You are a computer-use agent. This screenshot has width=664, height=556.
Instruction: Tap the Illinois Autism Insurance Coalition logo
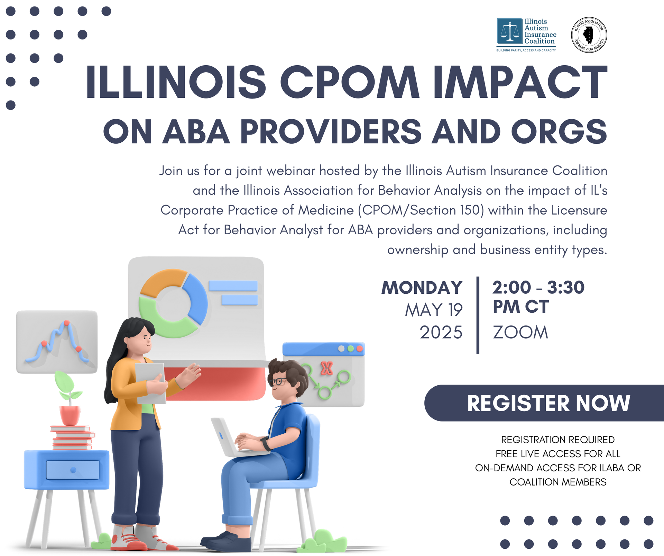click(526, 35)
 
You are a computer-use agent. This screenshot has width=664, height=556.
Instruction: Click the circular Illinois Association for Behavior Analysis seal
click(589, 35)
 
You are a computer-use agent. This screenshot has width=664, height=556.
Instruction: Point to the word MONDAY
click(422, 288)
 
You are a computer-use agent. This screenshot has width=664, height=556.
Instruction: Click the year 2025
click(441, 332)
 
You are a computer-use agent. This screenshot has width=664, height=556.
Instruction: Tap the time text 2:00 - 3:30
click(538, 288)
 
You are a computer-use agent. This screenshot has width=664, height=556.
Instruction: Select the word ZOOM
click(520, 332)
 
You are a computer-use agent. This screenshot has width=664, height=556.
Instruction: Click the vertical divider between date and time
click(478, 315)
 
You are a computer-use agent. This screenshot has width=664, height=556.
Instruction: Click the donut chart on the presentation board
click(173, 303)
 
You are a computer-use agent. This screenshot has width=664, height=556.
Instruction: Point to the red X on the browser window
click(326, 368)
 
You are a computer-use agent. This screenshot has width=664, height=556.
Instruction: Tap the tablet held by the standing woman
click(150, 383)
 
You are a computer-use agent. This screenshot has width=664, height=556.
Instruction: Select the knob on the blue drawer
click(73, 470)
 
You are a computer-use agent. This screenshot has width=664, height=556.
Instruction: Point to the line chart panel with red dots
click(57, 342)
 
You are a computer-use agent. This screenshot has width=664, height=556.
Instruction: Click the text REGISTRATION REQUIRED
click(558, 440)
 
